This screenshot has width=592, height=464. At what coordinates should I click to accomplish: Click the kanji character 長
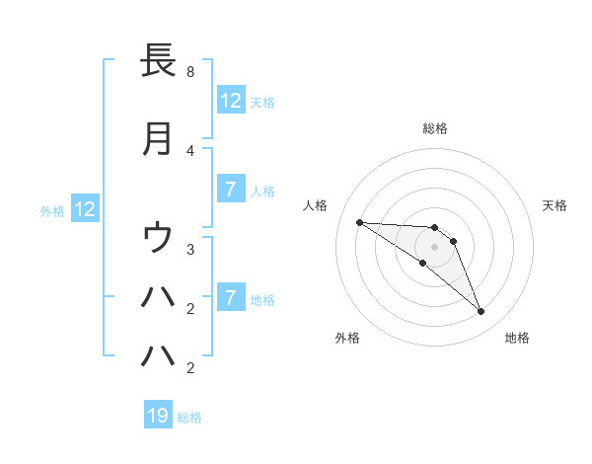point(158,61)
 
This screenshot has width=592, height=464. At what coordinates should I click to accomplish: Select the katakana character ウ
point(158,238)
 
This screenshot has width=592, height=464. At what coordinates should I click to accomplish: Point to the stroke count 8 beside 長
point(190,72)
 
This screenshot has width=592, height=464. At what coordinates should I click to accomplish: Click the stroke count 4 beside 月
point(190,150)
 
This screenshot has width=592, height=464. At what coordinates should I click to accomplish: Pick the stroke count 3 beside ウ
point(190,250)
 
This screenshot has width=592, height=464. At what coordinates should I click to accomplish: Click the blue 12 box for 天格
point(230,101)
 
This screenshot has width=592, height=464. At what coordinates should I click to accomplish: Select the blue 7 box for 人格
point(230,190)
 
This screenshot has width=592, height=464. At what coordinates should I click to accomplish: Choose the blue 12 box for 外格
point(84,209)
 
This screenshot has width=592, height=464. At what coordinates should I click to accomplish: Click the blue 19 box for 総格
point(158,416)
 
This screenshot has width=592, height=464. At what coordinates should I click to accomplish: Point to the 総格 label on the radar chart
point(435,128)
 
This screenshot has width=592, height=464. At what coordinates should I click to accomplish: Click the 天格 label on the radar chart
point(555,205)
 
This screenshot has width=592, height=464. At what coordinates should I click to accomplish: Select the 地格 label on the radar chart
point(517,338)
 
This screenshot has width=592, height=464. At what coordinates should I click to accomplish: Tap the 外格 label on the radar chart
point(347,338)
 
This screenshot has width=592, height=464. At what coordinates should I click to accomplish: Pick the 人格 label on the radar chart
point(316,205)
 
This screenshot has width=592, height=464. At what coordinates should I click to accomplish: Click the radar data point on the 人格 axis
point(359,222)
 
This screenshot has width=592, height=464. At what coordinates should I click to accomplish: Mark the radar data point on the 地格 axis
point(481,312)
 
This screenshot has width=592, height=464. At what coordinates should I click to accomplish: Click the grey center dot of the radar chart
point(434,247)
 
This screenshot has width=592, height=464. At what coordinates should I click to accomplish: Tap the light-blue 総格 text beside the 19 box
point(189,418)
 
